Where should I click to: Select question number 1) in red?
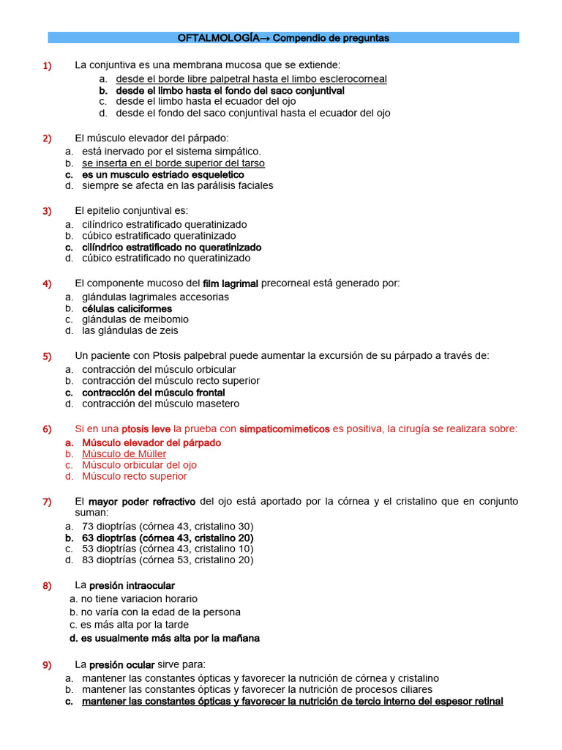pos(47,66)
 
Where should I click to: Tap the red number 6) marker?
pos(47,429)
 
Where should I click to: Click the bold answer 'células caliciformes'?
pos(127,308)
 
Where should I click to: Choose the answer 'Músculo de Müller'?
pos(124,454)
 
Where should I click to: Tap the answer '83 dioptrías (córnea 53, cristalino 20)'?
pos(168,560)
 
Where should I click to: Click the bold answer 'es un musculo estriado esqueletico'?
pos(162,175)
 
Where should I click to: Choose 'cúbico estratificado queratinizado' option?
pos(159,236)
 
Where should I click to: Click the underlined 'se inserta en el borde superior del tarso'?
pos(173,163)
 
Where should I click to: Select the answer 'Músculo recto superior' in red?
pos(134,476)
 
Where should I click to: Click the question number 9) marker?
pos(47,665)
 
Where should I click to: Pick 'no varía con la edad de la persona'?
pos(160,612)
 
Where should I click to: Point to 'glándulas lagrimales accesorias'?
pos(155,297)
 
